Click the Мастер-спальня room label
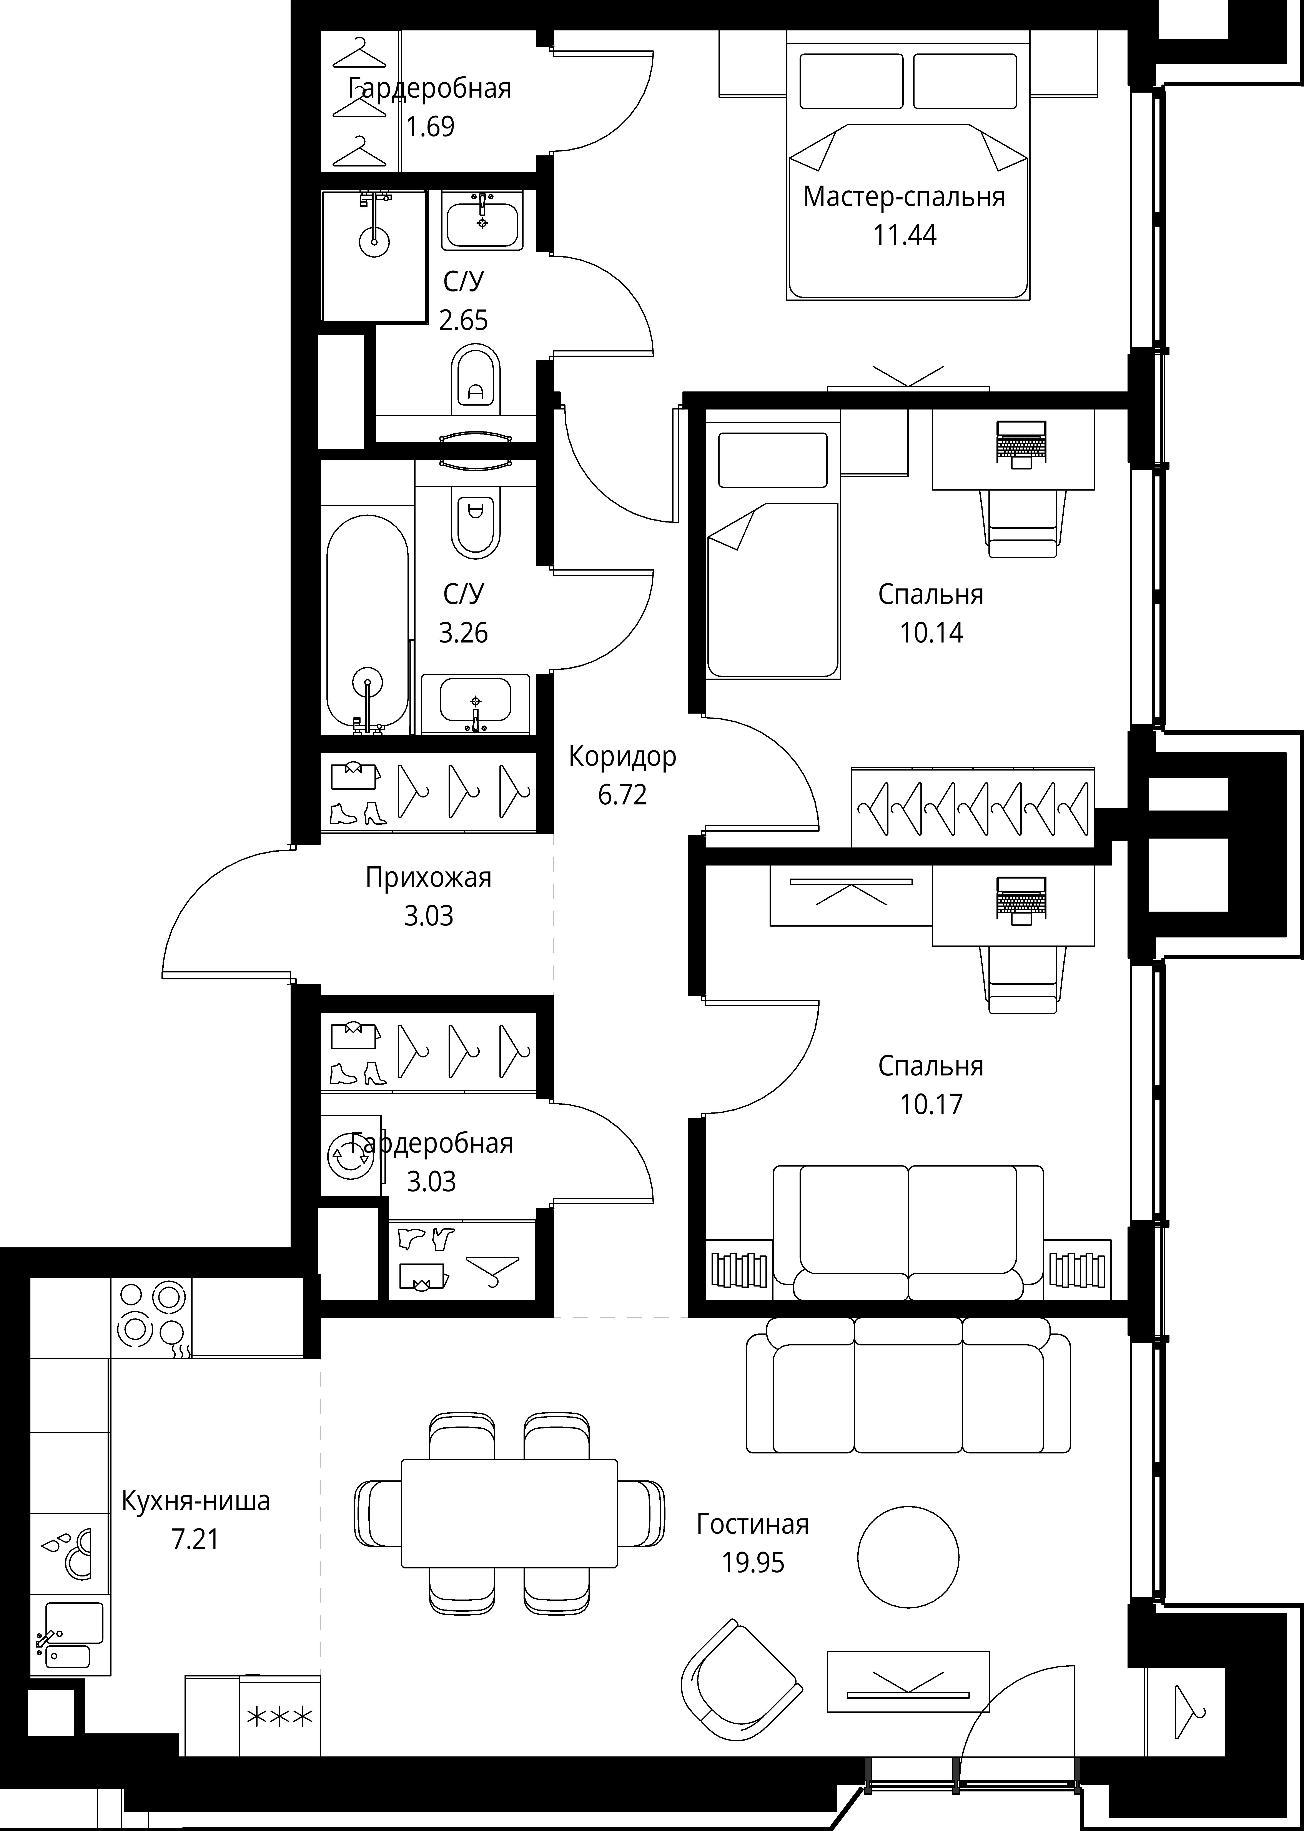click(904, 197)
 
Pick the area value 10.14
click(931, 633)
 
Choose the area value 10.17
click(931, 1104)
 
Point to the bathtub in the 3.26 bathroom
click(368, 624)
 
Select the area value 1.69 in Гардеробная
click(430, 127)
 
